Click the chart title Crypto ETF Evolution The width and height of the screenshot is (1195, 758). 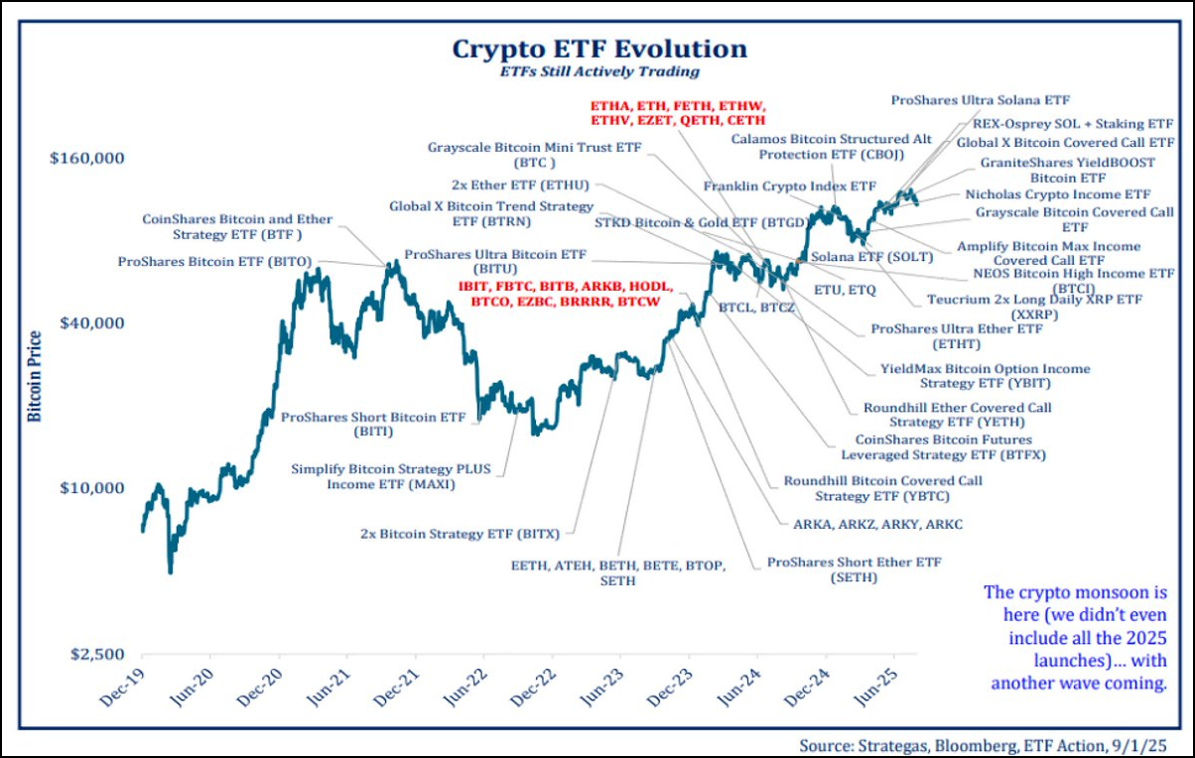[599, 49]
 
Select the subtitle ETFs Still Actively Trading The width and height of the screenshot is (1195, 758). [599, 71]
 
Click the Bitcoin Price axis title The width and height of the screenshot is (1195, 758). [34, 377]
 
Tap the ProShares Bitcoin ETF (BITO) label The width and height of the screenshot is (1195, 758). [215, 262]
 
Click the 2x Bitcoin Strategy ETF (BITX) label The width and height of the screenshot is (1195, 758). [454, 534]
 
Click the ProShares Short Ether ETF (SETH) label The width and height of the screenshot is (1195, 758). [854, 569]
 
